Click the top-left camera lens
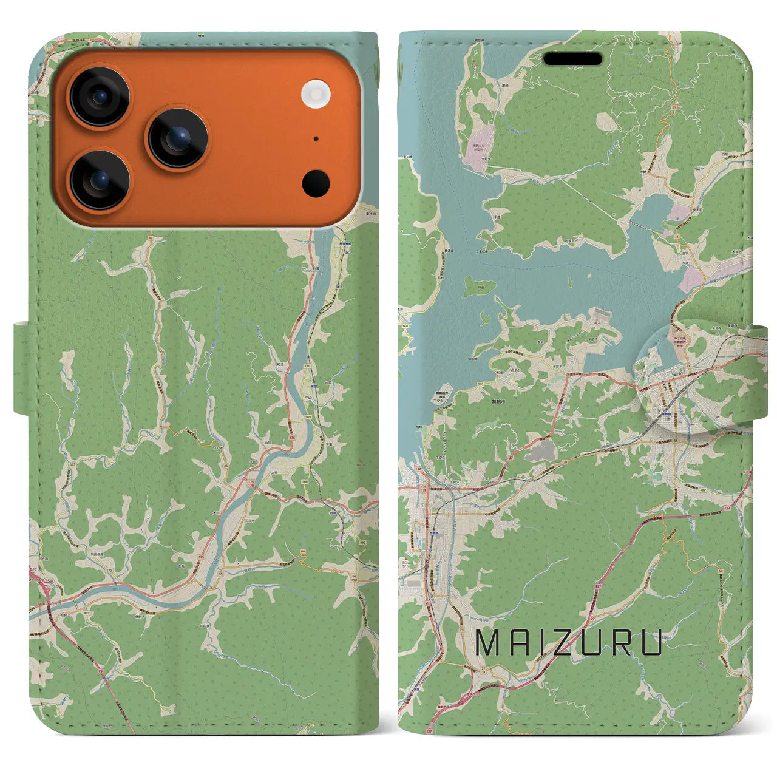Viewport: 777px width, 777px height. (x=99, y=97)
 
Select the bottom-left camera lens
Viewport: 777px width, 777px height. (x=99, y=180)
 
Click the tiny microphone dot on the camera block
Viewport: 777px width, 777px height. (x=316, y=138)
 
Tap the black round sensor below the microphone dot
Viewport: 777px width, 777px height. (x=316, y=183)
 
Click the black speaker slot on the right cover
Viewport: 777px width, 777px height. (x=572, y=59)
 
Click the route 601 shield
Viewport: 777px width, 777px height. (x=405, y=327)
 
